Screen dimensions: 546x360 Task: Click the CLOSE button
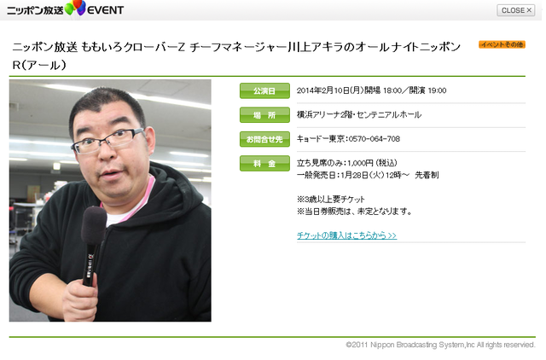tap(515, 10)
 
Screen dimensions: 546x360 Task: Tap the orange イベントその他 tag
tap(502, 44)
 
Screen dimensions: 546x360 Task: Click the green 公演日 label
tap(264, 91)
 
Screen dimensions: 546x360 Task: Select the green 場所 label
tap(264, 115)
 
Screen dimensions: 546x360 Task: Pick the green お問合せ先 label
tap(264, 139)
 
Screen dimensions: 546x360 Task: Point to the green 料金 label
tap(264, 163)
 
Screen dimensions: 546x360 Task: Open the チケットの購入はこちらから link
tap(347, 235)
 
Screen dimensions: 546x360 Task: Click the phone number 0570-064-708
tap(374, 139)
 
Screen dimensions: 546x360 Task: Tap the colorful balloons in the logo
tap(76, 8)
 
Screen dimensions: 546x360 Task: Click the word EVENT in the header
tap(105, 10)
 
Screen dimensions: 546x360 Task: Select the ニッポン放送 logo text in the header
tap(35, 10)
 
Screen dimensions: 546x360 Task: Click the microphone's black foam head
tap(94, 225)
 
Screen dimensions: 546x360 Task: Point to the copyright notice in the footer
tap(440, 345)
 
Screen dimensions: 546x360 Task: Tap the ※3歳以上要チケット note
tap(331, 200)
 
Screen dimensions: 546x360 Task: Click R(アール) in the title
tap(39, 65)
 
